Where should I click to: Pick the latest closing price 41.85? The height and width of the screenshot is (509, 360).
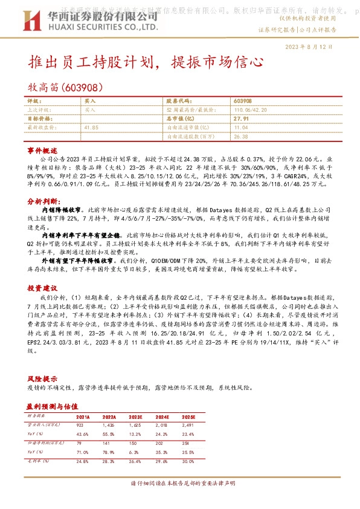[x=91, y=128]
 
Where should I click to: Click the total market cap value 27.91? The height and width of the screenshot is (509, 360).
[x=241, y=119]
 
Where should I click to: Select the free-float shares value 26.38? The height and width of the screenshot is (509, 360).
[x=240, y=136]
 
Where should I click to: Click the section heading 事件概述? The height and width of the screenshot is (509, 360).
[x=42, y=149]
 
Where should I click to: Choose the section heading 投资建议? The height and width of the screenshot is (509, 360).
[x=42, y=288]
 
